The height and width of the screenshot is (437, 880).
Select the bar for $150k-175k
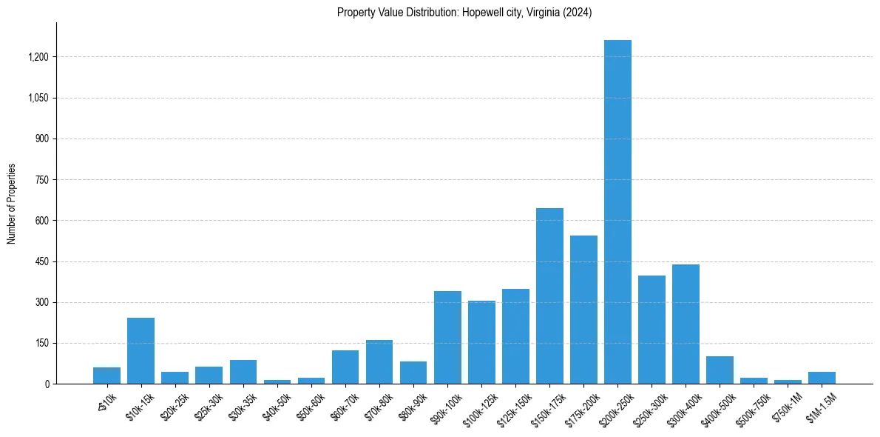549,296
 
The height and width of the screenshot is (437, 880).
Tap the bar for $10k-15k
141,350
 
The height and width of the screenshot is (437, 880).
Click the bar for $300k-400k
686,324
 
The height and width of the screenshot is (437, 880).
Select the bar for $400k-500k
720,370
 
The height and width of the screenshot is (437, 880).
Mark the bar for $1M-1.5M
822,378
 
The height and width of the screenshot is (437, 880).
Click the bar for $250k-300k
651,330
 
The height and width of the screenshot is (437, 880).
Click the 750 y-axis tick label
42,180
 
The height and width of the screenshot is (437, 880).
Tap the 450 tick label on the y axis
42,261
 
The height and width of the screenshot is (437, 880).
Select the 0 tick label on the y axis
47,384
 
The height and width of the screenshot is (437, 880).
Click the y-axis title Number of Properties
12,204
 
